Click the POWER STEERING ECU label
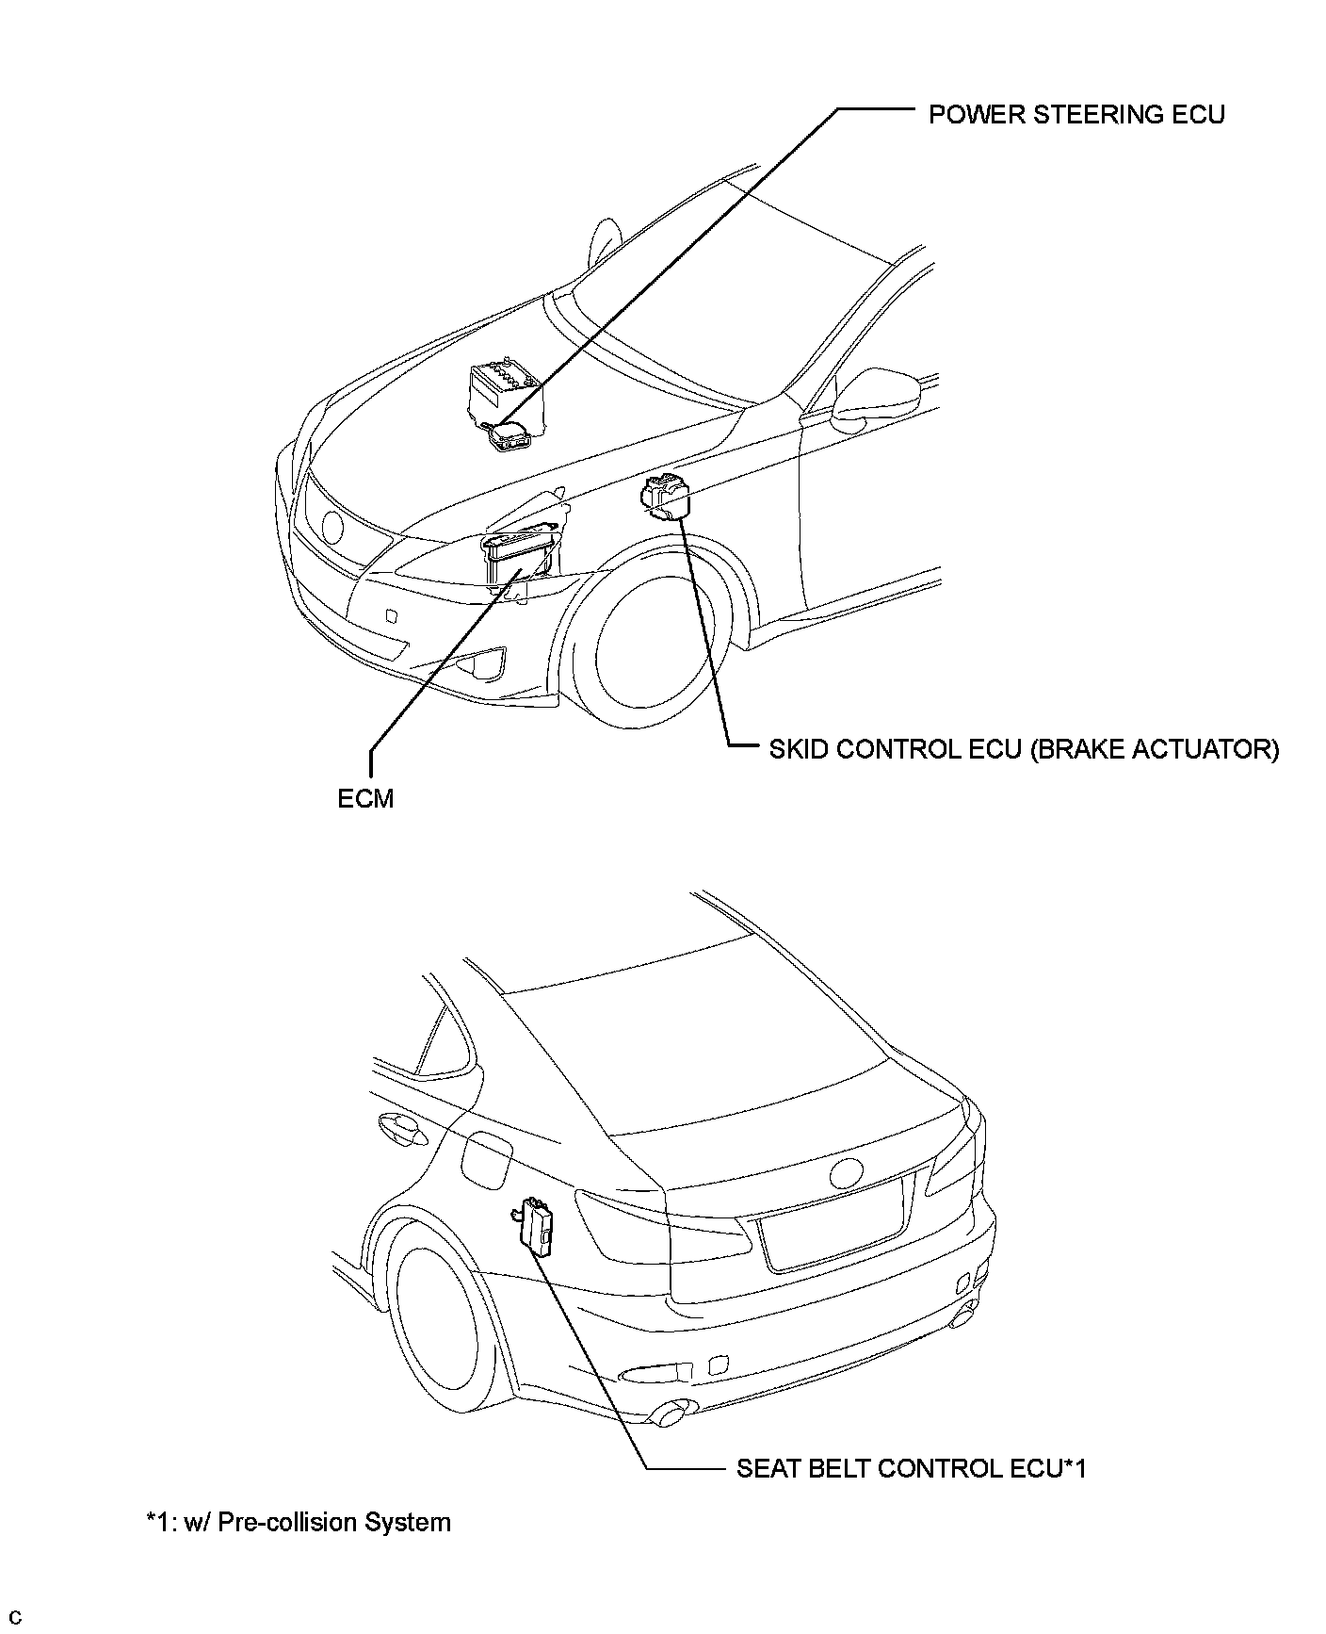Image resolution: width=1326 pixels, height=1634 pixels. pyautogui.click(x=1076, y=115)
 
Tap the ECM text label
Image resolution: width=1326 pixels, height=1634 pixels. pyautogui.click(x=365, y=798)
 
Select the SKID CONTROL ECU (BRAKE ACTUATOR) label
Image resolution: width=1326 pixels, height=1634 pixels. pyautogui.click(x=1024, y=749)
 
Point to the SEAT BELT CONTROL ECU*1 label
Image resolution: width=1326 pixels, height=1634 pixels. pyautogui.click(x=911, y=1468)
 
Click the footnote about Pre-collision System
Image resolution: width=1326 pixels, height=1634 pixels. pyautogui.click(x=299, y=1522)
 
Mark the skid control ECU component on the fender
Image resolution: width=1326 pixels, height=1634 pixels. pyautogui.click(x=668, y=496)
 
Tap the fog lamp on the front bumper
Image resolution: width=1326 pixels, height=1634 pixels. pyautogui.click(x=480, y=664)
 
